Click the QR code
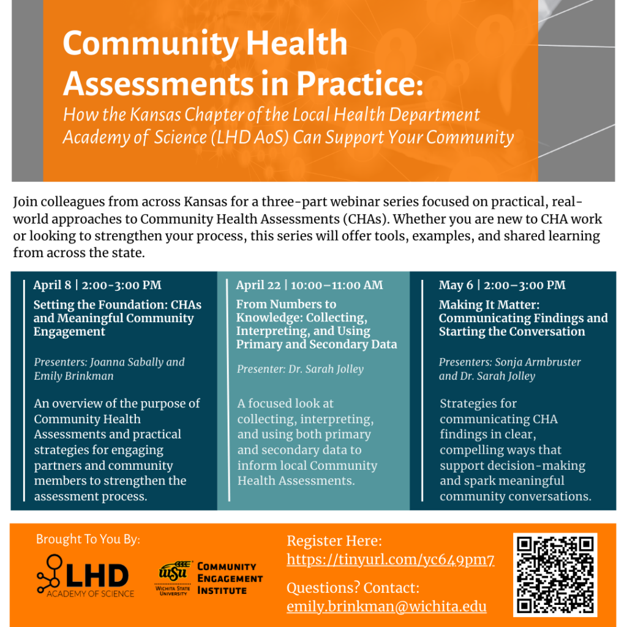[x=555, y=574]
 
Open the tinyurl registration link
[x=391, y=560]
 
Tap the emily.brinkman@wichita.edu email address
[x=386, y=607]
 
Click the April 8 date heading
[x=97, y=285]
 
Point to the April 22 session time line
[x=309, y=285]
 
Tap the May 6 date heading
[x=502, y=285]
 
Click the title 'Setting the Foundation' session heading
[x=117, y=318]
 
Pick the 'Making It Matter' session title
[x=523, y=318]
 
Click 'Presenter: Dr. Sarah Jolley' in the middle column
[x=300, y=369]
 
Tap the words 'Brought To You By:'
[x=88, y=539]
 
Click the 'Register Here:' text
[x=334, y=541]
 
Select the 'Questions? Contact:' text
[x=353, y=588]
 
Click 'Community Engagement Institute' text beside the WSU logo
[x=230, y=579]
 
